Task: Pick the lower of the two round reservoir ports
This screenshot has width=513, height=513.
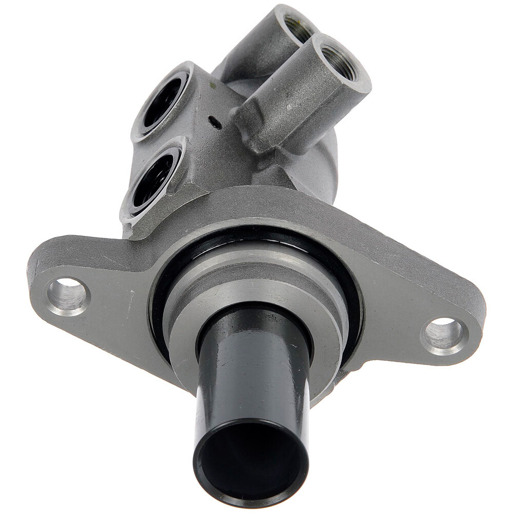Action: pos(153,179)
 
